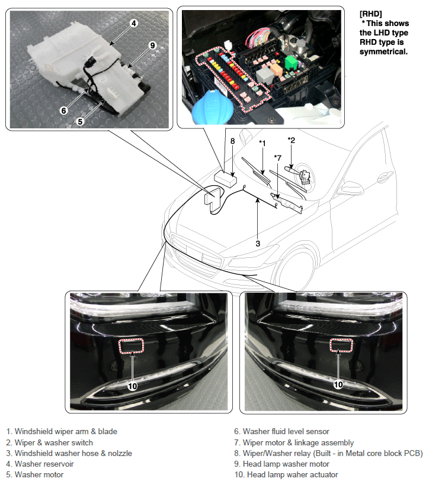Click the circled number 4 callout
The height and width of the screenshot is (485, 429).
tap(133, 23)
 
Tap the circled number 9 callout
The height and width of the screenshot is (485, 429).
tap(152, 46)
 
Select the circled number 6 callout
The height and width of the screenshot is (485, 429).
tap(64, 111)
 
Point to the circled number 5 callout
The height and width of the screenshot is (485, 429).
tap(80, 122)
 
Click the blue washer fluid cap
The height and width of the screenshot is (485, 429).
tap(212, 107)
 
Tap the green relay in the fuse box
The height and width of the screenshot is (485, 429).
tap(291, 62)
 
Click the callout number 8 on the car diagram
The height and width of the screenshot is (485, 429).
tap(232, 141)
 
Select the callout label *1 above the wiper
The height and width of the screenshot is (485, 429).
tap(262, 143)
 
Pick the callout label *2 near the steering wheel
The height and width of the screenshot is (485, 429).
tap(291, 140)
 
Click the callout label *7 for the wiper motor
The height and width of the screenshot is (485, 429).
tap(277, 158)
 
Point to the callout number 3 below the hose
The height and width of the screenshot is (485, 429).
tap(258, 244)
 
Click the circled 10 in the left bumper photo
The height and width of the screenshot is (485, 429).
tap(132, 386)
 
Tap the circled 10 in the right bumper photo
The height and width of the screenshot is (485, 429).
tap(338, 384)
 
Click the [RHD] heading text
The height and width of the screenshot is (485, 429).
tap(371, 14)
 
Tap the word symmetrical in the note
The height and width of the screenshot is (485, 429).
tap(383, 51)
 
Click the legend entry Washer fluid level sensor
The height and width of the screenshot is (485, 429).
tap(281, 432)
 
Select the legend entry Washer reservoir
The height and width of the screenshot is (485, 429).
tap(40, 464)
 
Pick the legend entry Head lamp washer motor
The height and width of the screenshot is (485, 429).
tap(281, 464)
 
